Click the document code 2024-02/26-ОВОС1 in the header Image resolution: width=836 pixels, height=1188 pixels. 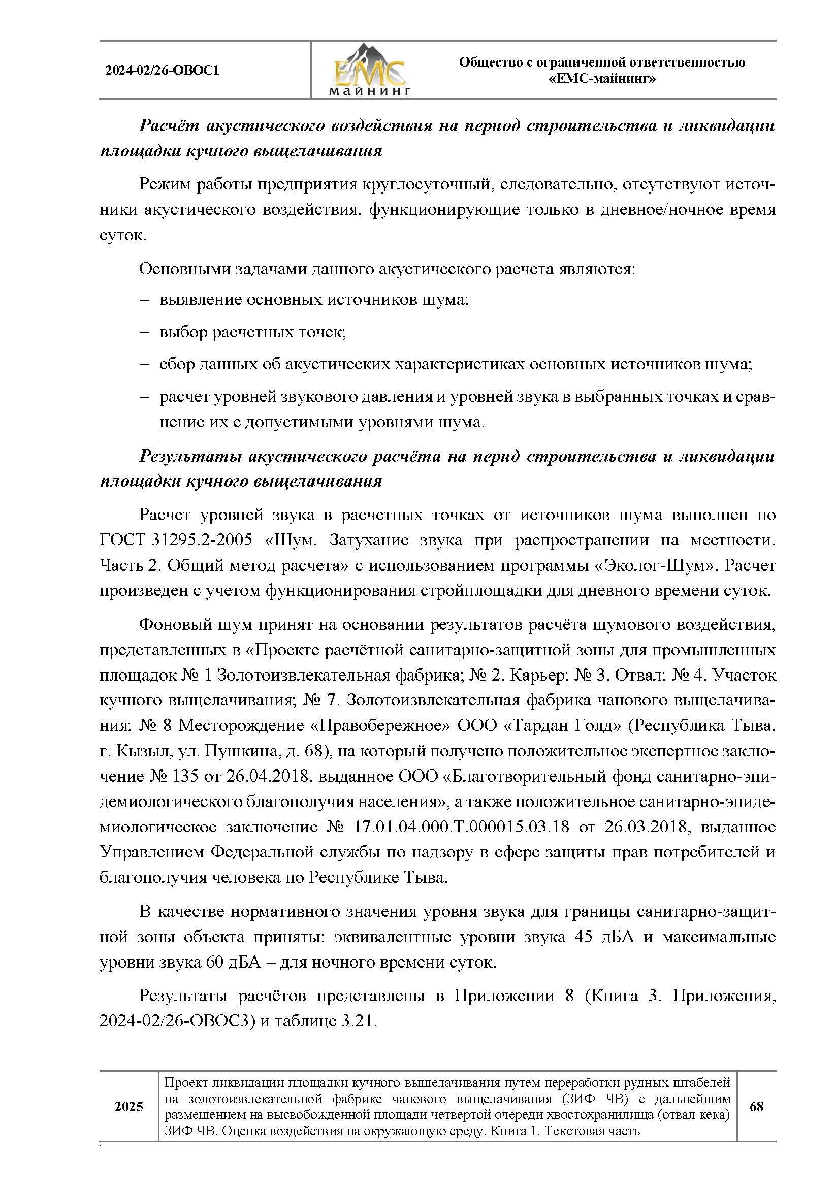163,71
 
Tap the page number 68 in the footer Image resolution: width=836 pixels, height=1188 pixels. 756,1107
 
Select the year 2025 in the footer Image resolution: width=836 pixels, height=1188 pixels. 129,1107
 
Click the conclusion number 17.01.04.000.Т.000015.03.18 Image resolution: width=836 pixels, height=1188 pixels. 462,827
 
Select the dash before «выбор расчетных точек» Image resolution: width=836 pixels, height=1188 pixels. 144,332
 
